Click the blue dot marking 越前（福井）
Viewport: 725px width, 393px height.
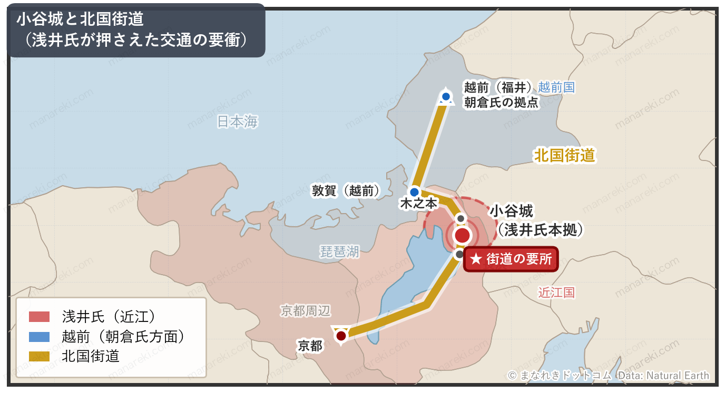(x=446, y=96)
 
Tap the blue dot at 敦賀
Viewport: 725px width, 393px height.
(x=415, y=192)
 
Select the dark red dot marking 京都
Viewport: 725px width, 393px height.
(x=341, y=335)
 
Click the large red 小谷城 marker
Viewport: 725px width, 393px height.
(x=462, y=236)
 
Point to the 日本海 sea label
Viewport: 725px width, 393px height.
(x=238, y=122)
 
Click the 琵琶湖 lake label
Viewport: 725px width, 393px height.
(x=340, y=251)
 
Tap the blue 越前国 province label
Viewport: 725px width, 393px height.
(x=556, y=87)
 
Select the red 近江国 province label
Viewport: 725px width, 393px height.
(x=556, y=293)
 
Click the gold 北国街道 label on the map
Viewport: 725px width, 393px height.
(x=564, y=155)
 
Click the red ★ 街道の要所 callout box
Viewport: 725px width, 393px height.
(x=511, y=259)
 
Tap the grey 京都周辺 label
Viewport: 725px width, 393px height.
(x=306, y=311)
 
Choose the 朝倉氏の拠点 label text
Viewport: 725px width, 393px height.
(x=501, y=102)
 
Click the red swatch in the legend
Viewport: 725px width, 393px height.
(x=39, y=316)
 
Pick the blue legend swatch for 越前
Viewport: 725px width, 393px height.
(x=39, y=336)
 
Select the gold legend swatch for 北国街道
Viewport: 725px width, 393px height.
(x=39, y=356)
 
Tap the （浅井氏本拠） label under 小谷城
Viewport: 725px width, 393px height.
(x=541, y=230)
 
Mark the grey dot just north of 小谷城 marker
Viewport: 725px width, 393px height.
(x=461, y=218)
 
